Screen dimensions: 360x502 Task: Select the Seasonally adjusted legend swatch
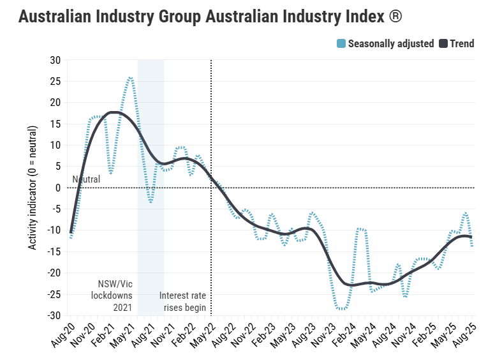[341, 44]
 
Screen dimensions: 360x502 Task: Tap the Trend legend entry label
[462, 44]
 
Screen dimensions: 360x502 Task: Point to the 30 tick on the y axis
[55, 60]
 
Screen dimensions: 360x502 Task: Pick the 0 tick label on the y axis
[58, 188]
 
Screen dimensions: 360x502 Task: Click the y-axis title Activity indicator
[33, 188]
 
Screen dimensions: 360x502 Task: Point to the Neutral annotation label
[86, 179]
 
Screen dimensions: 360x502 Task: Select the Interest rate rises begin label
[182, 301]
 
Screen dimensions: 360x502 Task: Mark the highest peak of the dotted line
[130, 77]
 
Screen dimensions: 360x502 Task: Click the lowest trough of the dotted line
[343, 309]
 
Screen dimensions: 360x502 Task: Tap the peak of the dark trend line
[113, 112]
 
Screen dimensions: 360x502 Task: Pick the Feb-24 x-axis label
[344, 333]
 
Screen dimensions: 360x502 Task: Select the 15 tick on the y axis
[55, 124]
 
